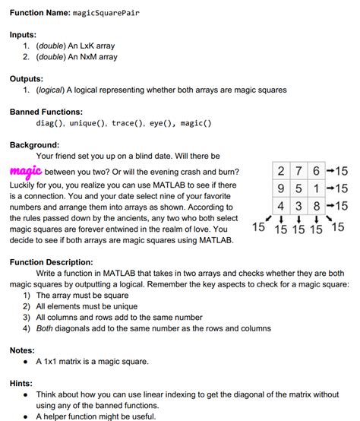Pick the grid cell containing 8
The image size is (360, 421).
[x=314, y=205]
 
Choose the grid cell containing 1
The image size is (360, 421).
[x=314, y=188]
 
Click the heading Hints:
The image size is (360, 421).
[x=22, y=384]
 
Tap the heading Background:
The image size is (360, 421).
[x=34, y=144]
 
